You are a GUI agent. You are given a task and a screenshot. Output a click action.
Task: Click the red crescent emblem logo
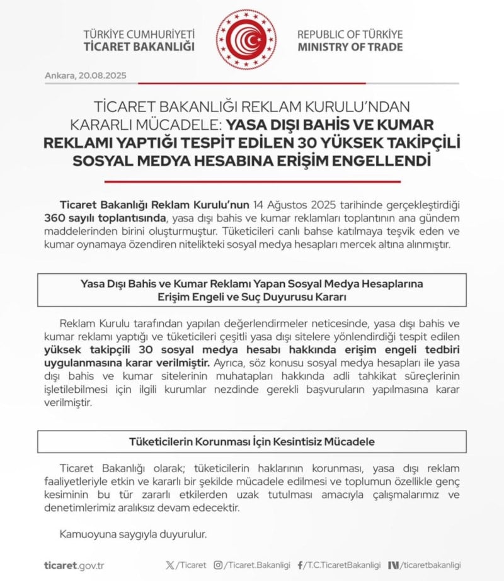tap(246, 39)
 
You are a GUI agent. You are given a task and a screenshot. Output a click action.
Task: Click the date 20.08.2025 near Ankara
tap(103, 76)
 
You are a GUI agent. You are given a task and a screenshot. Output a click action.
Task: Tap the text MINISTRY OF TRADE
tap(350, 47)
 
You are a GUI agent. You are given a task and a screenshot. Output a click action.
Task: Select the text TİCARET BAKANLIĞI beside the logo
tap(139, 47)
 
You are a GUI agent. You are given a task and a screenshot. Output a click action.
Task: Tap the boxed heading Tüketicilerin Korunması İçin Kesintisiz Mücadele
tap(251, 442)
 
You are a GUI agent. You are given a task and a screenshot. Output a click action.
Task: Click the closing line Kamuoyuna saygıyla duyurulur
tap(133, 535)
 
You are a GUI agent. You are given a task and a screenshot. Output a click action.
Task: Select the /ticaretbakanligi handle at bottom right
tap(430, 565)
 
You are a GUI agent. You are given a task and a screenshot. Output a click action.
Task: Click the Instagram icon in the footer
tap(218, 565)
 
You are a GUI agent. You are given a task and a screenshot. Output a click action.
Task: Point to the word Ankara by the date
tap(60, 76)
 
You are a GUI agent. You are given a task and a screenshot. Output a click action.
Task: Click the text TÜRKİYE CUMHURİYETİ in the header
tap(139, 34)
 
